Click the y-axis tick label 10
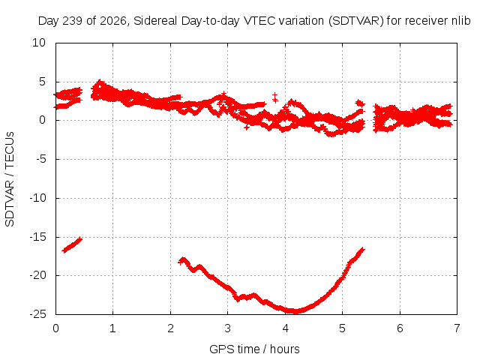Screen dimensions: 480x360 tap(39, 43)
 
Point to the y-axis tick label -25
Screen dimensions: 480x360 tap(37, 314)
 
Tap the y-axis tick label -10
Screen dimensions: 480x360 tap(37, 198)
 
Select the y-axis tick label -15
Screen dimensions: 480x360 tap(37, 237)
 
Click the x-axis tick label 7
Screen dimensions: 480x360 tap(457, 328)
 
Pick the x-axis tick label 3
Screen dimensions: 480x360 tap(227, 328)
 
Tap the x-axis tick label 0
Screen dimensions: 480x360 tap(55, 328)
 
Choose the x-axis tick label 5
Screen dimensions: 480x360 tap(342, 328)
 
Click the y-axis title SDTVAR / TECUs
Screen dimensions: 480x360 tap(10, 179)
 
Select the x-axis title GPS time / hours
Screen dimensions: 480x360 tap(254, 349)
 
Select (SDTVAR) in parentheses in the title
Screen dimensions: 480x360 tap(355, 21)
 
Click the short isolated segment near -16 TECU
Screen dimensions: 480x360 tap(72, 245)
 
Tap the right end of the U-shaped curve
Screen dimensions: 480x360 tap(363, 250)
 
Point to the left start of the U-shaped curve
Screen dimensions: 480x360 tap(180, 262)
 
